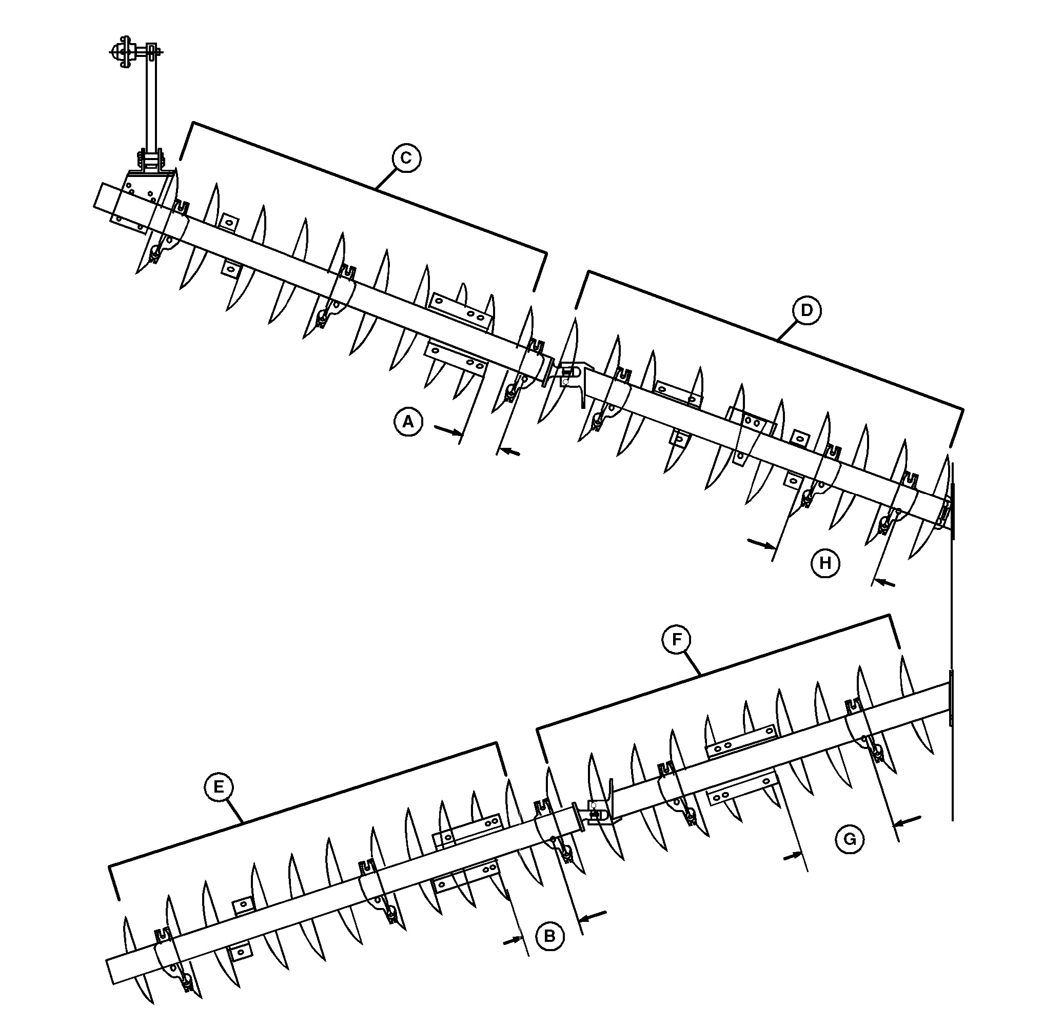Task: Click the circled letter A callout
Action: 408,421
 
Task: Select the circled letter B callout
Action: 549,936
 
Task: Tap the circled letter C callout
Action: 406,158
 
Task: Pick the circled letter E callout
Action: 219,787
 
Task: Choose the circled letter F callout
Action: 677,639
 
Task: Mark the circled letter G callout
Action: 849,839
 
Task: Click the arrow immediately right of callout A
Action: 448,429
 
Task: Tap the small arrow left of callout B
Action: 513,939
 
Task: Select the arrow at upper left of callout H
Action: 762,543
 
